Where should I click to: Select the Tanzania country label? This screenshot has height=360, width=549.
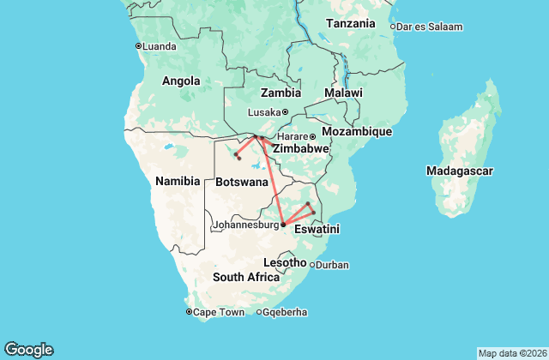pos(350,23)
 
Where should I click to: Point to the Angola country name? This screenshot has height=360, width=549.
pos(181,81)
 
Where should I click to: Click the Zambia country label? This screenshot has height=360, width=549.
pos(281,93)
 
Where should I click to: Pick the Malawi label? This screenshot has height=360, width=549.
pos(343,93)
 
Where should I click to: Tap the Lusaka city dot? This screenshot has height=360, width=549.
pos(285,111)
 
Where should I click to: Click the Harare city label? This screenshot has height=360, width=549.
pos(292,136)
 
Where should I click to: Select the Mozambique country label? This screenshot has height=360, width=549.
pos(356,132)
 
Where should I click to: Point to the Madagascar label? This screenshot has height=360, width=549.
pos(459,171)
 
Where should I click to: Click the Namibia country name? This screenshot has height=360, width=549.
pos(178,181)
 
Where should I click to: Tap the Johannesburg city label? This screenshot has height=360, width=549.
pos(246,225)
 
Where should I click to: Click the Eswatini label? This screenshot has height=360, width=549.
pos(317,230)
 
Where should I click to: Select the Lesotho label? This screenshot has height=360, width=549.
pos(285,261)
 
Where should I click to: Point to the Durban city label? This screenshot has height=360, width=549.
pos(332,265)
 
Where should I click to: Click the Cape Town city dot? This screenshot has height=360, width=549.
pos(189,311)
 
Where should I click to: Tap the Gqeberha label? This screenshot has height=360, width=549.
pos(285,312)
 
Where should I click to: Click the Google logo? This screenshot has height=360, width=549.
pos(28,350)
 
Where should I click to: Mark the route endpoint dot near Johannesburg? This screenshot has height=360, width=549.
pos(283,225)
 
